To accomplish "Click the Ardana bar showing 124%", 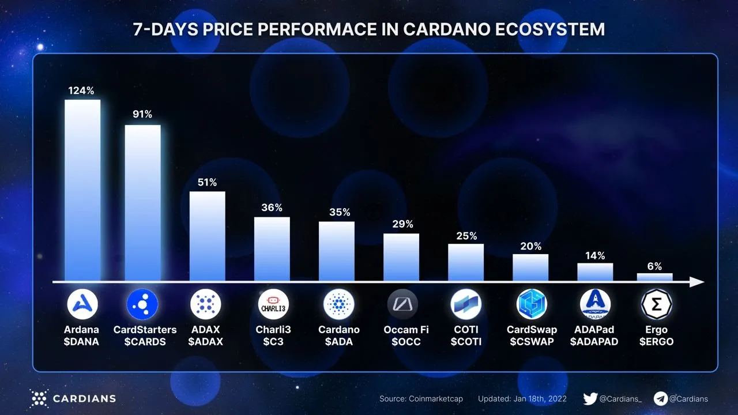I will coord(82,190).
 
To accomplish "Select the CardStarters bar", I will coord(143,203).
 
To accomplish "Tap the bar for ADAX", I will coord(208,236).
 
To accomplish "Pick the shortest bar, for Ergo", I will coord(654,277).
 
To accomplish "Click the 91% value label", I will coord(142,114).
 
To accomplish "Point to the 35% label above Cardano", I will coord(340,212).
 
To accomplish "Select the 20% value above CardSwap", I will coord(530,246).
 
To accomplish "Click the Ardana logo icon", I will coord(82,304).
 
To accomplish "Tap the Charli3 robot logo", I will coord(273,304).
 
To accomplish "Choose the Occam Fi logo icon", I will coord(402,304).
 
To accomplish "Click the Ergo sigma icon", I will coord(657,304).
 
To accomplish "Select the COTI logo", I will coord(466,304).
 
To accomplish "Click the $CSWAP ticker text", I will coord(532,342).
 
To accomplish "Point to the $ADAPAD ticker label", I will coord(594,342).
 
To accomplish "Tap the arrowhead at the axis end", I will coord(698,282).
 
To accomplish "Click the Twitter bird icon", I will coord(590,398).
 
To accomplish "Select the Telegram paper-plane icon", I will coord(661,398).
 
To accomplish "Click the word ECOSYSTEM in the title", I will coord(550,29).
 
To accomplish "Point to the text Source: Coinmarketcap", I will coord(421,399).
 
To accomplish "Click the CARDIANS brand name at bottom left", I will coord(84,398).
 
